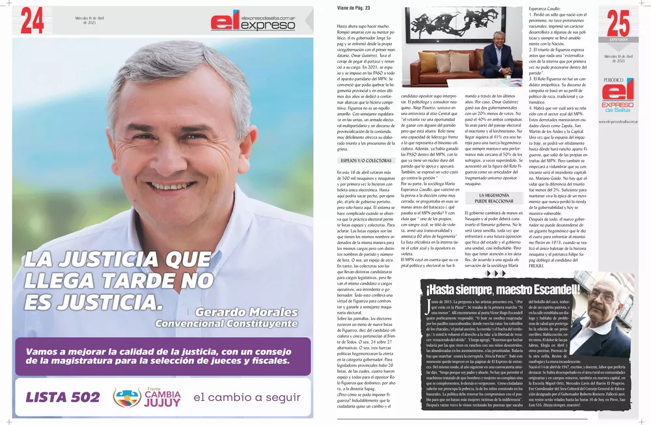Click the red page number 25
pyautogui.click(x=618, y=25)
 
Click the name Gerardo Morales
pyautogui.click(x=246, y=312)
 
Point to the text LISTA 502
pyautogui.click(x=61, y=397)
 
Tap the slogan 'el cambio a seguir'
pyautogui.click(x=242, y=397)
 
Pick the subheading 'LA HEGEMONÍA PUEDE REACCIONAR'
pyautogui.click(x=493, y=198)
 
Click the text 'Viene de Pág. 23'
pyautogui.click(x=354, y=8)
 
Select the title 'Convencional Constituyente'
pyautogui.click(x=226, y=323)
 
